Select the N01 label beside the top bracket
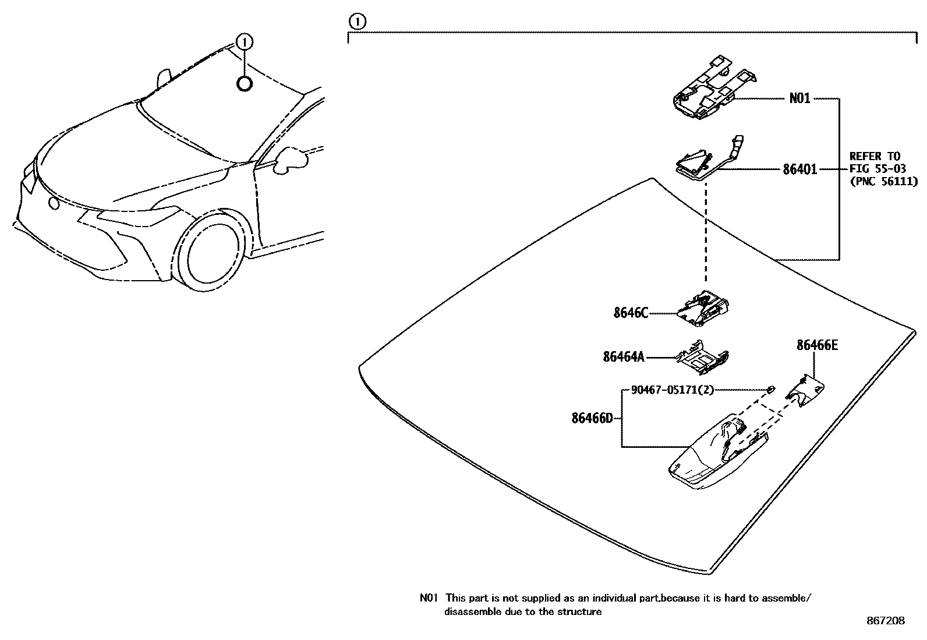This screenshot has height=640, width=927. tap(799, 98)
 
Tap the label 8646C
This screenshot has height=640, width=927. tap(630, 313)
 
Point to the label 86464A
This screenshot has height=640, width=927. tap(624, 356)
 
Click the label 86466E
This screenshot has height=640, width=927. tap(817, 345)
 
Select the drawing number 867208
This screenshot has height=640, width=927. tap(885, 621)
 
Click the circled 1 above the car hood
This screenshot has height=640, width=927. tap(245, 41)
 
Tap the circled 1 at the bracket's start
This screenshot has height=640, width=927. tap(356, 22)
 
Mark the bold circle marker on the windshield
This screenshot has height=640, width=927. tap(245, 84)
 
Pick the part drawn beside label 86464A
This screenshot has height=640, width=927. tap(702, 356)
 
